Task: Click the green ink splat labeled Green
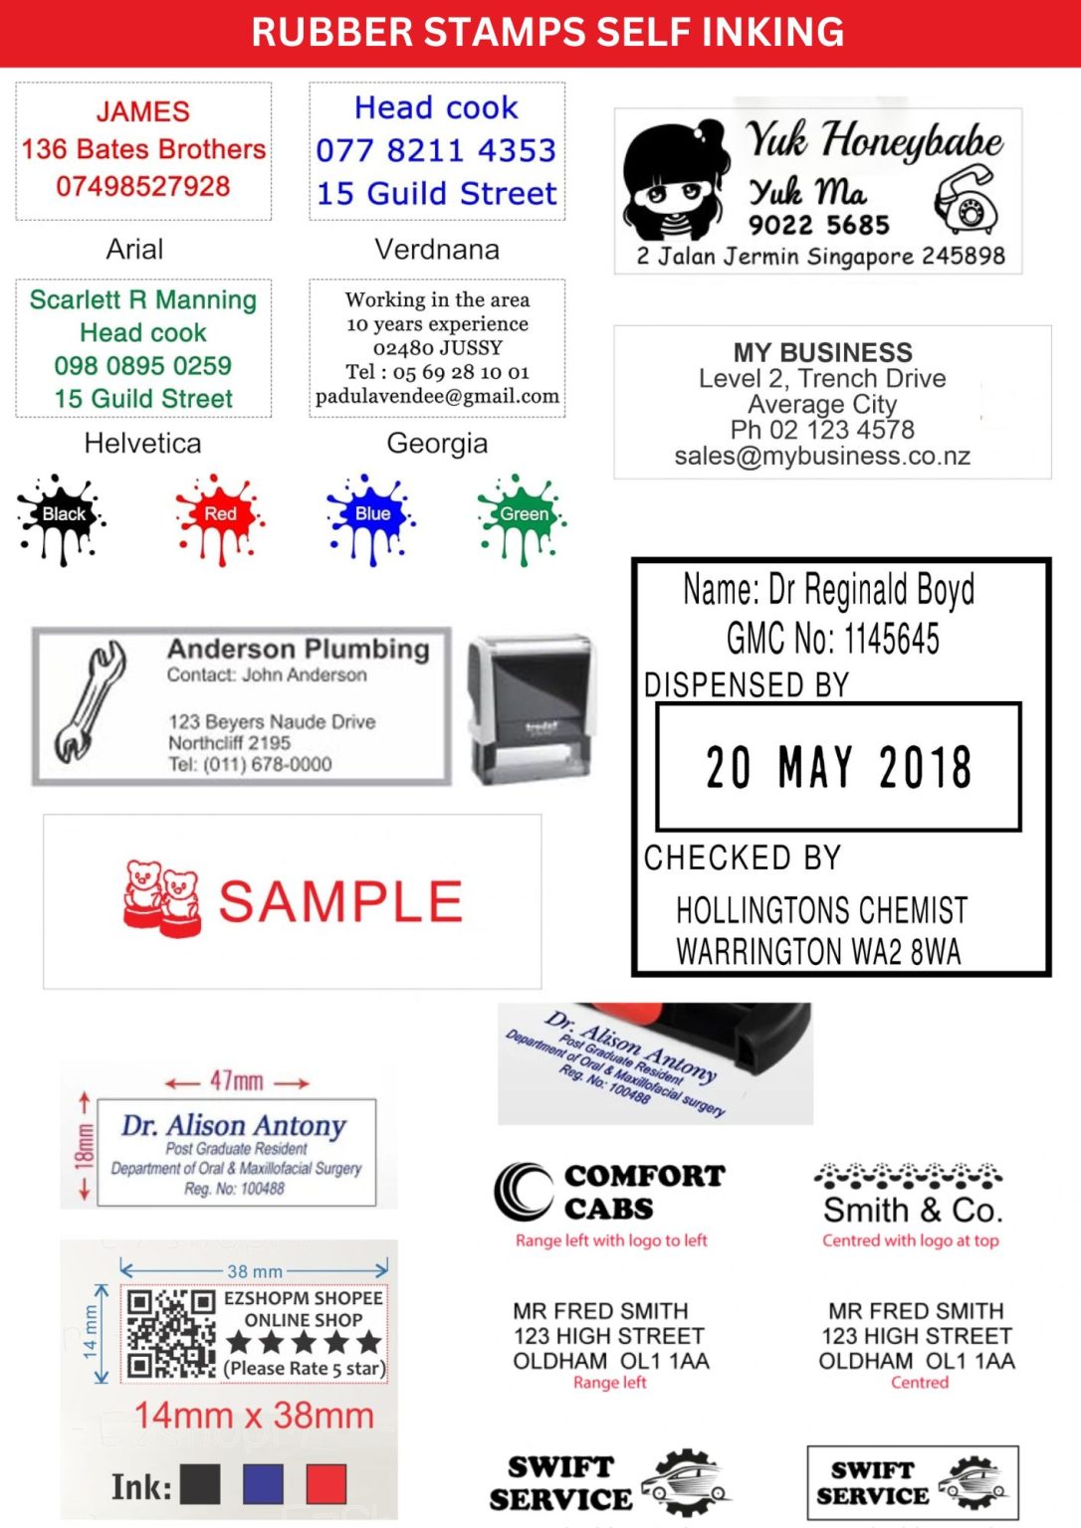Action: [x=522, y=516]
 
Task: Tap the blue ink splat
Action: [x=370, y=516]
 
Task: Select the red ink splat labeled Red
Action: [x=220, y=516]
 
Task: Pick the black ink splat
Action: [x=62, y=516]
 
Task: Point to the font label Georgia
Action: [x=437, y=443]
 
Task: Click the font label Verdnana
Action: [x=437, y=249]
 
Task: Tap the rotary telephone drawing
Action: [x=966, y=199]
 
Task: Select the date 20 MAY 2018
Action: [x=838, y=767]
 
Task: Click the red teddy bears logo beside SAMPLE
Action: [x=162, y=898]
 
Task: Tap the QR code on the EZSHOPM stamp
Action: [x=170, y=1334]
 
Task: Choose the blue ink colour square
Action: [x=263, y=1484]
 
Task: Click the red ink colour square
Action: [x=326, y=1484]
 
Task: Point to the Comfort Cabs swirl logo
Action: [x=524, y=1191]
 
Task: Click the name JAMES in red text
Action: [x=143, y=111]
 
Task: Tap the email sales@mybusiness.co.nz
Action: [x=822, y=457]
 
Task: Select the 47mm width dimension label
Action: [x=237, y=1080]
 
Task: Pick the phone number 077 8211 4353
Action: [x=436, y=150]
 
